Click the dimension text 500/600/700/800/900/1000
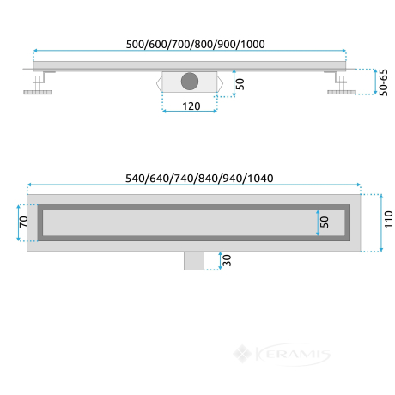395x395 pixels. [196, 44]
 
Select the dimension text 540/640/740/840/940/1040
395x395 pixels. [199, 179]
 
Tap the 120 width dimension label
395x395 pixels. [191, 106]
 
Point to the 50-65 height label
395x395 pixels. [383, 82]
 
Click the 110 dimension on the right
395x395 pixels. [388, 220]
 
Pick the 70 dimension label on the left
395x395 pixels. [23, 222]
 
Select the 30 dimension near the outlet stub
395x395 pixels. [227, 260]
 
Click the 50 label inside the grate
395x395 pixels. [325, 222]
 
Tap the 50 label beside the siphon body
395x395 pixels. [240, 84]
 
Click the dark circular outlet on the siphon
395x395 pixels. [190, 82]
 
